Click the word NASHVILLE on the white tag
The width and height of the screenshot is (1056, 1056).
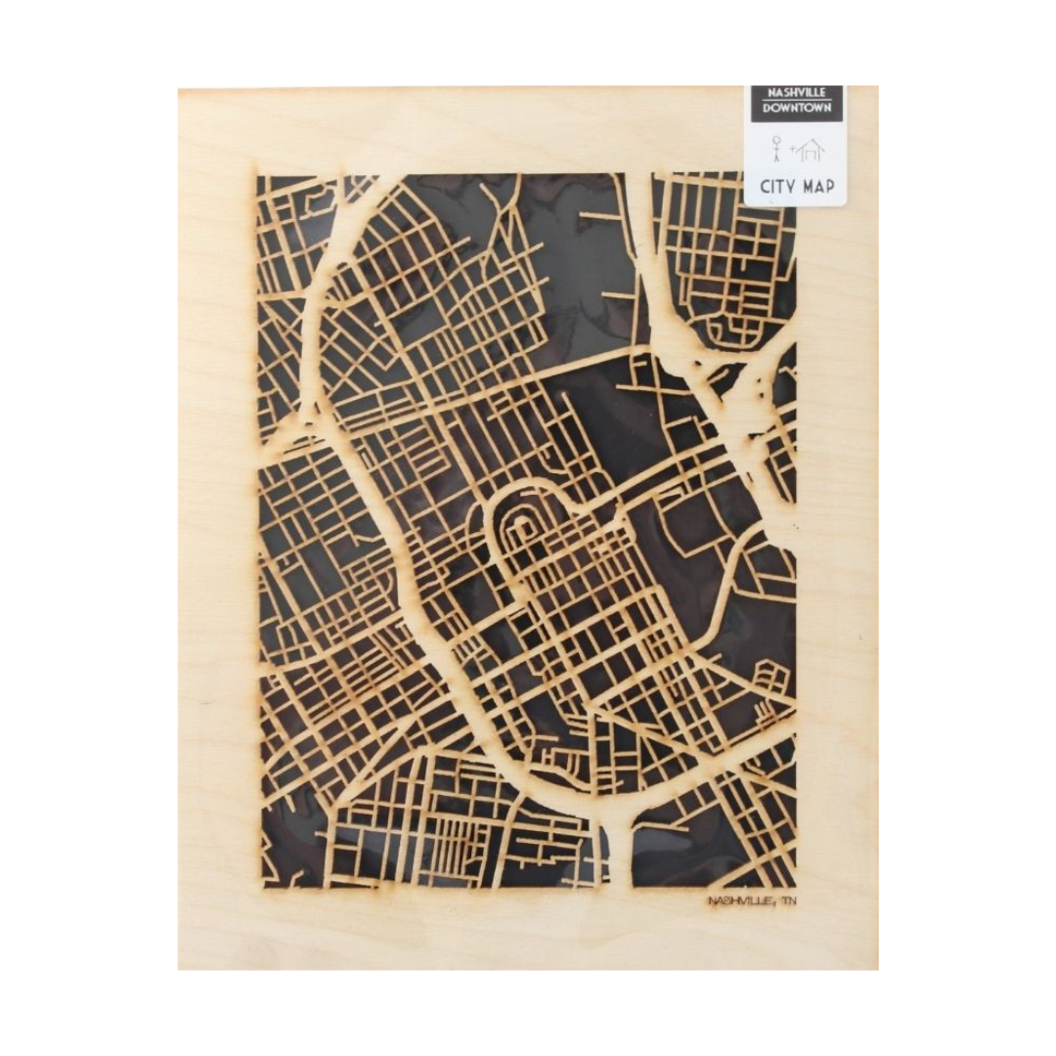click(x=796, y=93)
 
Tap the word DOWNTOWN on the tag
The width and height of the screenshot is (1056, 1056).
click(x=796, y=108)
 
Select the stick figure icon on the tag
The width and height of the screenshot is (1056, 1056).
click(x=776, y=149)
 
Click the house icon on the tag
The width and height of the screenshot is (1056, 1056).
click(x=811, y=150)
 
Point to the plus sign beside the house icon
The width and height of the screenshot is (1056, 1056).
click(x=793, y=149)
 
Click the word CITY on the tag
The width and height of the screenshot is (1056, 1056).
click(x=777, y=187)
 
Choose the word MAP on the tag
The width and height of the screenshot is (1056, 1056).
click(x=817, y=187)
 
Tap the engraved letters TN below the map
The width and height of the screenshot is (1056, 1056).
click(x=788, y=901)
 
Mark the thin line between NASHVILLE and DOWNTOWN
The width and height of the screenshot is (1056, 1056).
click(x=796, y=100)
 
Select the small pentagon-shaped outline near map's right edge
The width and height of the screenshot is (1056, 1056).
click(x=772, y=675)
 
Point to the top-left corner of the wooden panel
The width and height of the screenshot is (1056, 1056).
click(x=179, y=89)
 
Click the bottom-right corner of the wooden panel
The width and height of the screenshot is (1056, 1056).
click(x=877, y=968)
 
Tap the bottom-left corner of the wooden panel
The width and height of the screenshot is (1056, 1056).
click(x=179, y=968)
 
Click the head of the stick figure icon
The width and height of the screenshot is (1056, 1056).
click(x=776, y=140)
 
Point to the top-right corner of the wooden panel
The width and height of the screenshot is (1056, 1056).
click(x=877, y=87)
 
